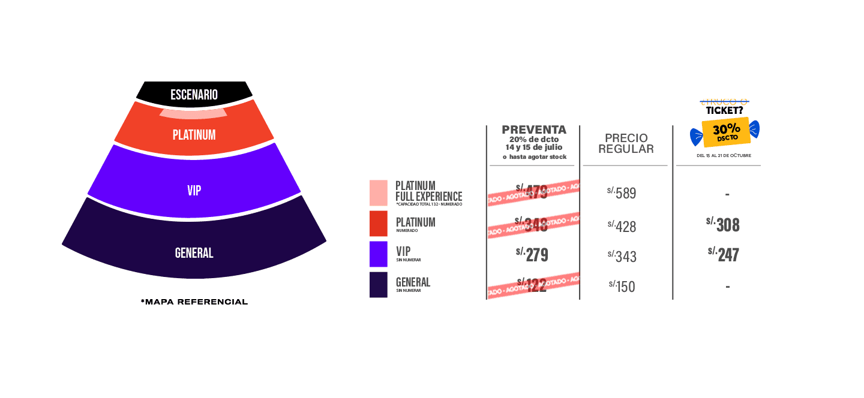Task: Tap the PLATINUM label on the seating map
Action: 194,135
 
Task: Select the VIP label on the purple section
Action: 194,191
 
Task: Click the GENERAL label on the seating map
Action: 194,253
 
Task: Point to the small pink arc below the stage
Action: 193,113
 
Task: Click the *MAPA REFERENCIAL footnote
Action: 194,301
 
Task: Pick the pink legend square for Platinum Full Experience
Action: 379,193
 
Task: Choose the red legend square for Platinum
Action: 379,224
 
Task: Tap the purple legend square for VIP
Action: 379,254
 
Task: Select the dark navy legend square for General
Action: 379,285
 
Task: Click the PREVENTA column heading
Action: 533,130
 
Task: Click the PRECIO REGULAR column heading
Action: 626,143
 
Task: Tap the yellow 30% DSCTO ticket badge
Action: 726,132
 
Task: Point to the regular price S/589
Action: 622,193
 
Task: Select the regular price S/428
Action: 622,226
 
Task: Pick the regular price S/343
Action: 622,257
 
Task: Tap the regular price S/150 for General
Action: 622,287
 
